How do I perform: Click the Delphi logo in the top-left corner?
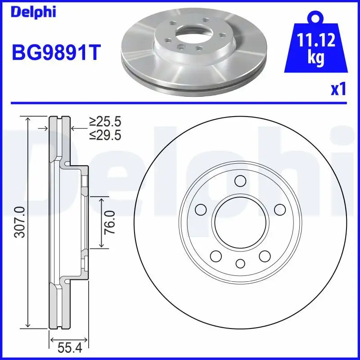click(33, 12)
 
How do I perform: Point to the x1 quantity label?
click(338, 89)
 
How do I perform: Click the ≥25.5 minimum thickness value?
click(105, 122)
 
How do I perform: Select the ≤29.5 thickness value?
click(105, 135)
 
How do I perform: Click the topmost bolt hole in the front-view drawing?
click(240, 181)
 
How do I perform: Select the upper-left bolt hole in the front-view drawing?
click(201, 209)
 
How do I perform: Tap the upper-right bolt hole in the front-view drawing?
click(280, 209)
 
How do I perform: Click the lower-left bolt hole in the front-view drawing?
click(216, 256)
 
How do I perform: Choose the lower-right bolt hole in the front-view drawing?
click(265, 256)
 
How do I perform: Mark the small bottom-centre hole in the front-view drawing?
click(240, 263)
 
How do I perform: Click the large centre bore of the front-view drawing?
click(240, 222)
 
